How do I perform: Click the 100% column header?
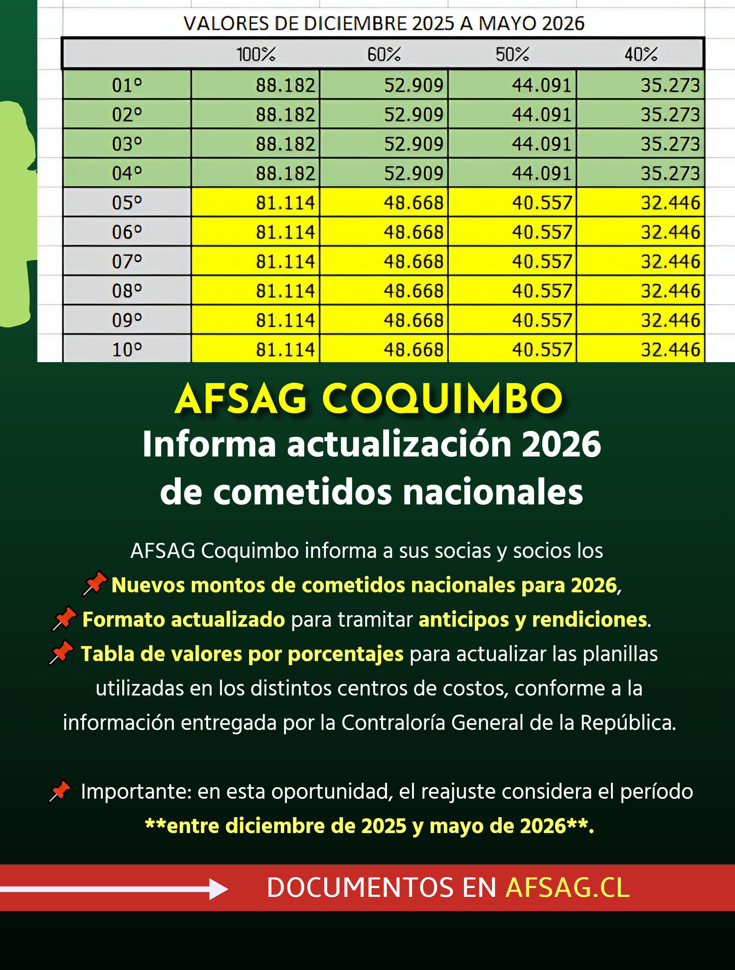[256, 54]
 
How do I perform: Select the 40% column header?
[641, 54]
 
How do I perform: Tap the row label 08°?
[127, 291]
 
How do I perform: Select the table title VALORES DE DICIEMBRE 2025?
[384, 23]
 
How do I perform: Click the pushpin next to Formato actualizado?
[64, 618]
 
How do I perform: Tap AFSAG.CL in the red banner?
[567, 888]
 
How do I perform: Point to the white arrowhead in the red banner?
[218, 889]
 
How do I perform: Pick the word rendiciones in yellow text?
[589, 619]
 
